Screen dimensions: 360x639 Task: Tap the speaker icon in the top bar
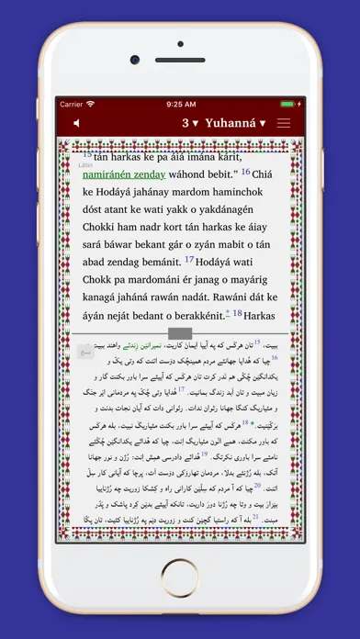[x=76, y=123]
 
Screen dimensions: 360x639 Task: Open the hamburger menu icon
[x=284, y=123]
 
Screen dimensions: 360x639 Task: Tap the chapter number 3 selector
[x=191, y=123]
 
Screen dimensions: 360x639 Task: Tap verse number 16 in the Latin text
[x=245, y=171]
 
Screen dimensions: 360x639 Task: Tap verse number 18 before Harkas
[x=237, y=313]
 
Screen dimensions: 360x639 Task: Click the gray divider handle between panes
[x=180, y=333]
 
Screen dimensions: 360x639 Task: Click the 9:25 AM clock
[x=181, y=104]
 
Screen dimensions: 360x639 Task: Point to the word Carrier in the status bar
[x=72, y=104]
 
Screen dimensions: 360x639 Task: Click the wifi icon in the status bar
[x=91, y=104]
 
